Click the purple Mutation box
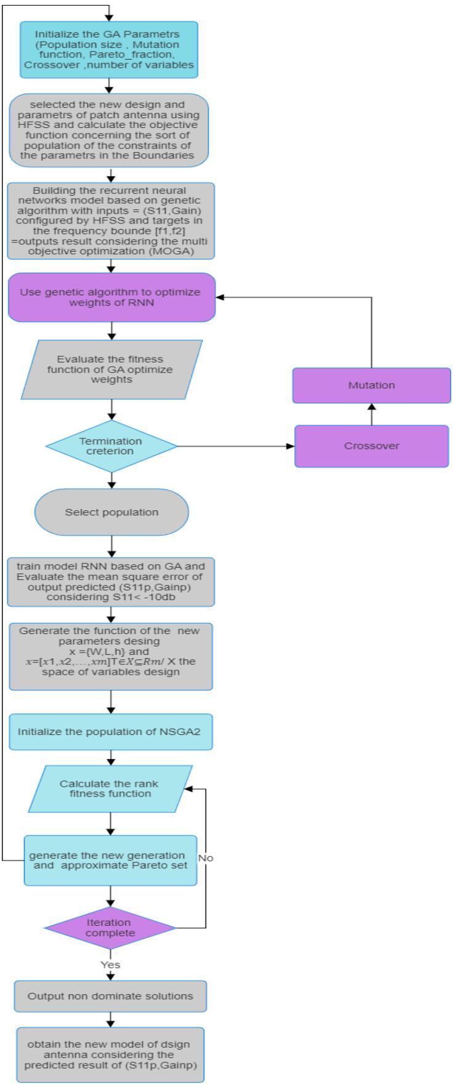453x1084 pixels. pyautogui.click(x=371, y=385)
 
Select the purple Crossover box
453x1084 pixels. pyautogui.click(x=371, y=446)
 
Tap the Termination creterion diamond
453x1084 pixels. pyautogui.click(x=111, y=446)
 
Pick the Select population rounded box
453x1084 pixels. pyautogui.click(x=111, y=512)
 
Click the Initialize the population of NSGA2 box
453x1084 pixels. pyautogui.click(x=111, y=732)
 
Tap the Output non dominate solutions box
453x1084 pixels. pyautogui.click(x=111, y=995)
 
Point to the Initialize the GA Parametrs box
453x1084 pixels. pyautogui.click(x=109, y=50)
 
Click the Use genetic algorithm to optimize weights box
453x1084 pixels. pyautogui.click(x=111, y=297)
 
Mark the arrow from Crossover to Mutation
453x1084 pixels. pyautogui.click(x=371, y=414)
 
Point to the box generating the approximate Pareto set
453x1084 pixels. pyautogui.click(x=111, y=861)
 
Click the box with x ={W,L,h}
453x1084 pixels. pyautogui.click(x=111, y=656)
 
